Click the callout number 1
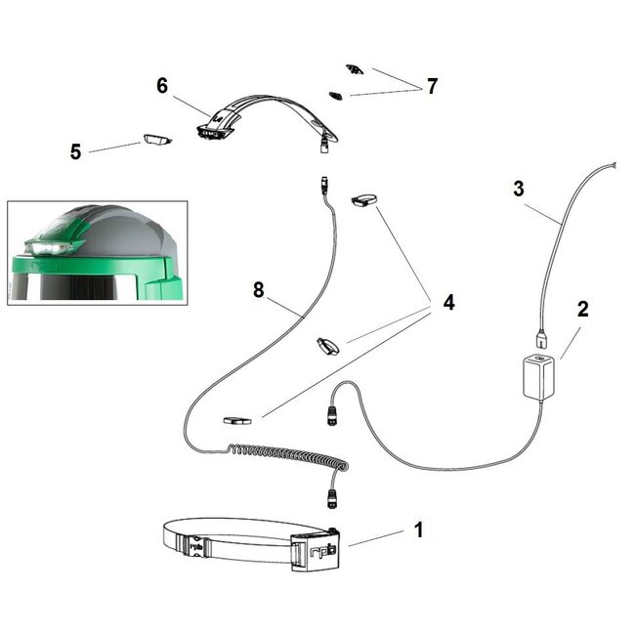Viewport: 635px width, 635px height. click(418, 530)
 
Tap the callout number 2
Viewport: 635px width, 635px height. click(582, 312)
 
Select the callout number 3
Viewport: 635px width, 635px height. click(519, 188)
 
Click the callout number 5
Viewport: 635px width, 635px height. click(75, 151)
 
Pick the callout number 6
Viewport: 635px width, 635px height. click(162, 85)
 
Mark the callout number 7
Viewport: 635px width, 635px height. click(430, 86)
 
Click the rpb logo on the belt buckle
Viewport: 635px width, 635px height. click(317, 553)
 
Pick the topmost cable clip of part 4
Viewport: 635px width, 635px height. click(364, 201)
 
